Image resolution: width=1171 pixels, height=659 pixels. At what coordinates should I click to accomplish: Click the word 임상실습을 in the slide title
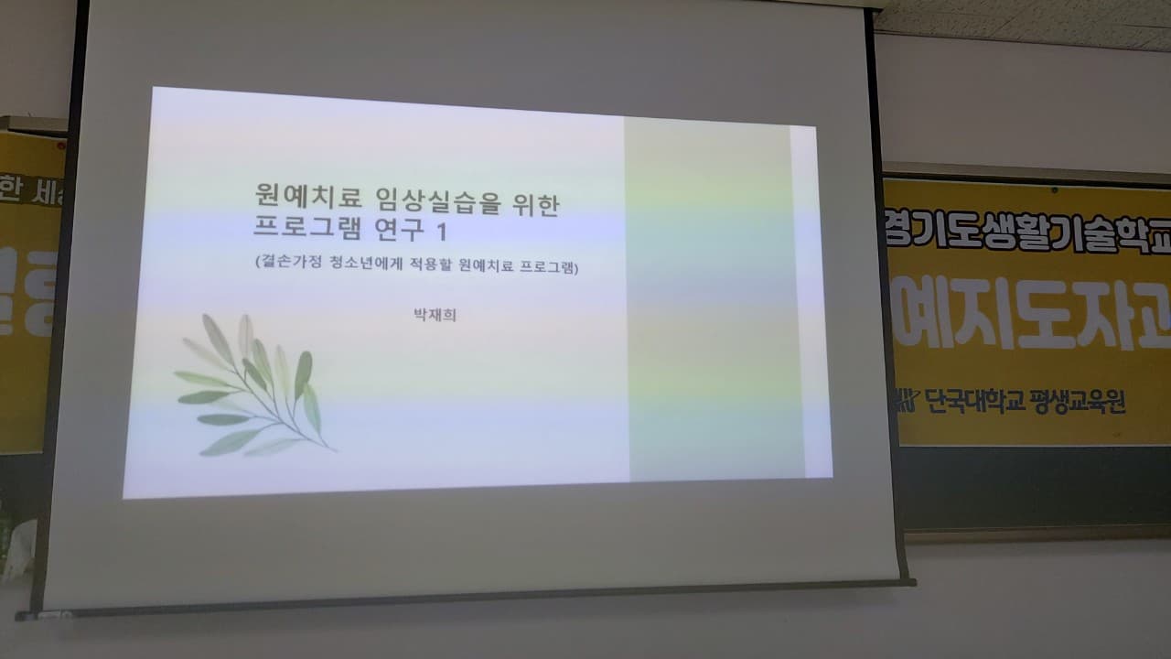tap(437, 200)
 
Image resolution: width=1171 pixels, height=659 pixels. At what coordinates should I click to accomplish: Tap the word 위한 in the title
tap(534, 202)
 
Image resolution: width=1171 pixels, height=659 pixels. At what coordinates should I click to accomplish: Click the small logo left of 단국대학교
tap(906, 400)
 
